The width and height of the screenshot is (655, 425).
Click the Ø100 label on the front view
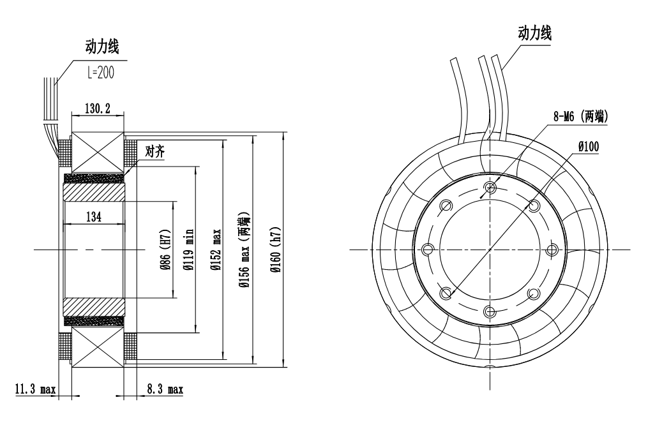588,146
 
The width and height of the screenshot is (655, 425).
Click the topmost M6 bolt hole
490,186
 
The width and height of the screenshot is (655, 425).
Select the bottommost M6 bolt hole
490,311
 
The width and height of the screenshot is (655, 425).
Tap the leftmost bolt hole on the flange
428,248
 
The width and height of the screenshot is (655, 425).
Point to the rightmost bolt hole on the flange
552,248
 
